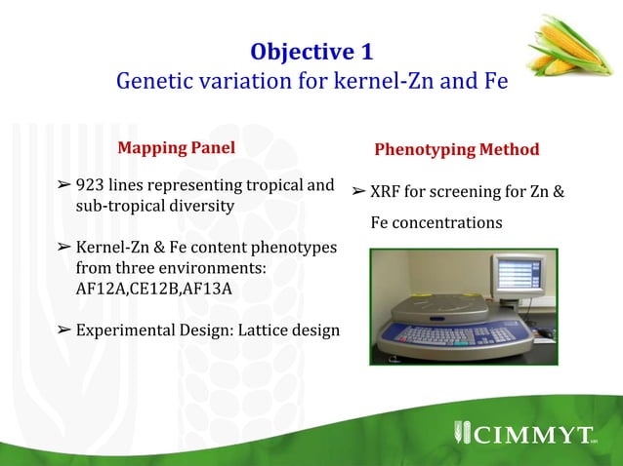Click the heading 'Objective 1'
311,51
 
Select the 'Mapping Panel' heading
176,149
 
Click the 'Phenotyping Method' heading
456,150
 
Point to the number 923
90,185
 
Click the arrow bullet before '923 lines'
63,185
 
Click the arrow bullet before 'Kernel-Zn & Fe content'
63,248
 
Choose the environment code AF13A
215,289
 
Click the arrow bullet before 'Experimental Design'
63,330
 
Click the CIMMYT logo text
533,432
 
